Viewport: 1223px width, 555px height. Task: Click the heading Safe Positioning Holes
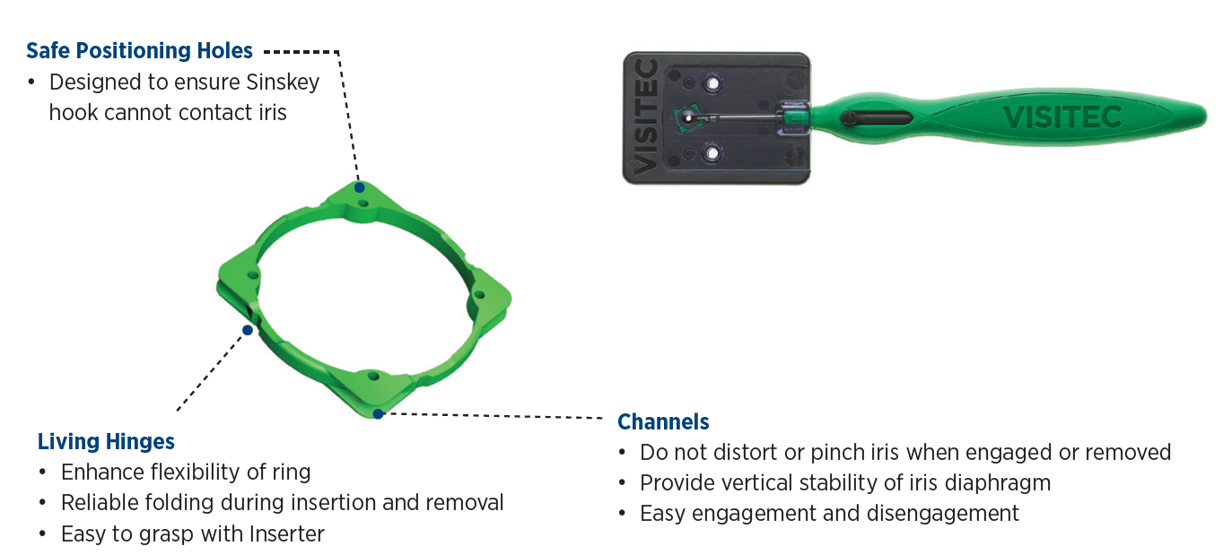pos(139,50)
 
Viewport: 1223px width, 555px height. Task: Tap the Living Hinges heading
pos(106,441)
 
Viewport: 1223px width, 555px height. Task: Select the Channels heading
pos(663,421)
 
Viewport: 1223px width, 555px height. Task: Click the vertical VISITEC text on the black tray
pos(645,116)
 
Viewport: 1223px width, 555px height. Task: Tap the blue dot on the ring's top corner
pos(359,187)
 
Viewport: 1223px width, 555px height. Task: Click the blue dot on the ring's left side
pos(248,329)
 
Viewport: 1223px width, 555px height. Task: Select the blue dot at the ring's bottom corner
pos(379,413)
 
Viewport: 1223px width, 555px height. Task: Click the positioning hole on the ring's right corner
pos(478,295)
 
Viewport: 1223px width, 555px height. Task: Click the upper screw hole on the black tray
pos(712,83)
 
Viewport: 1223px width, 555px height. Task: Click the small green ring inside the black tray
pos(686,118)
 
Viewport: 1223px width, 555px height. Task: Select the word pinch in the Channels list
pos(838,452)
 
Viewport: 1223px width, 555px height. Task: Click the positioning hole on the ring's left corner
pos(253,273)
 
